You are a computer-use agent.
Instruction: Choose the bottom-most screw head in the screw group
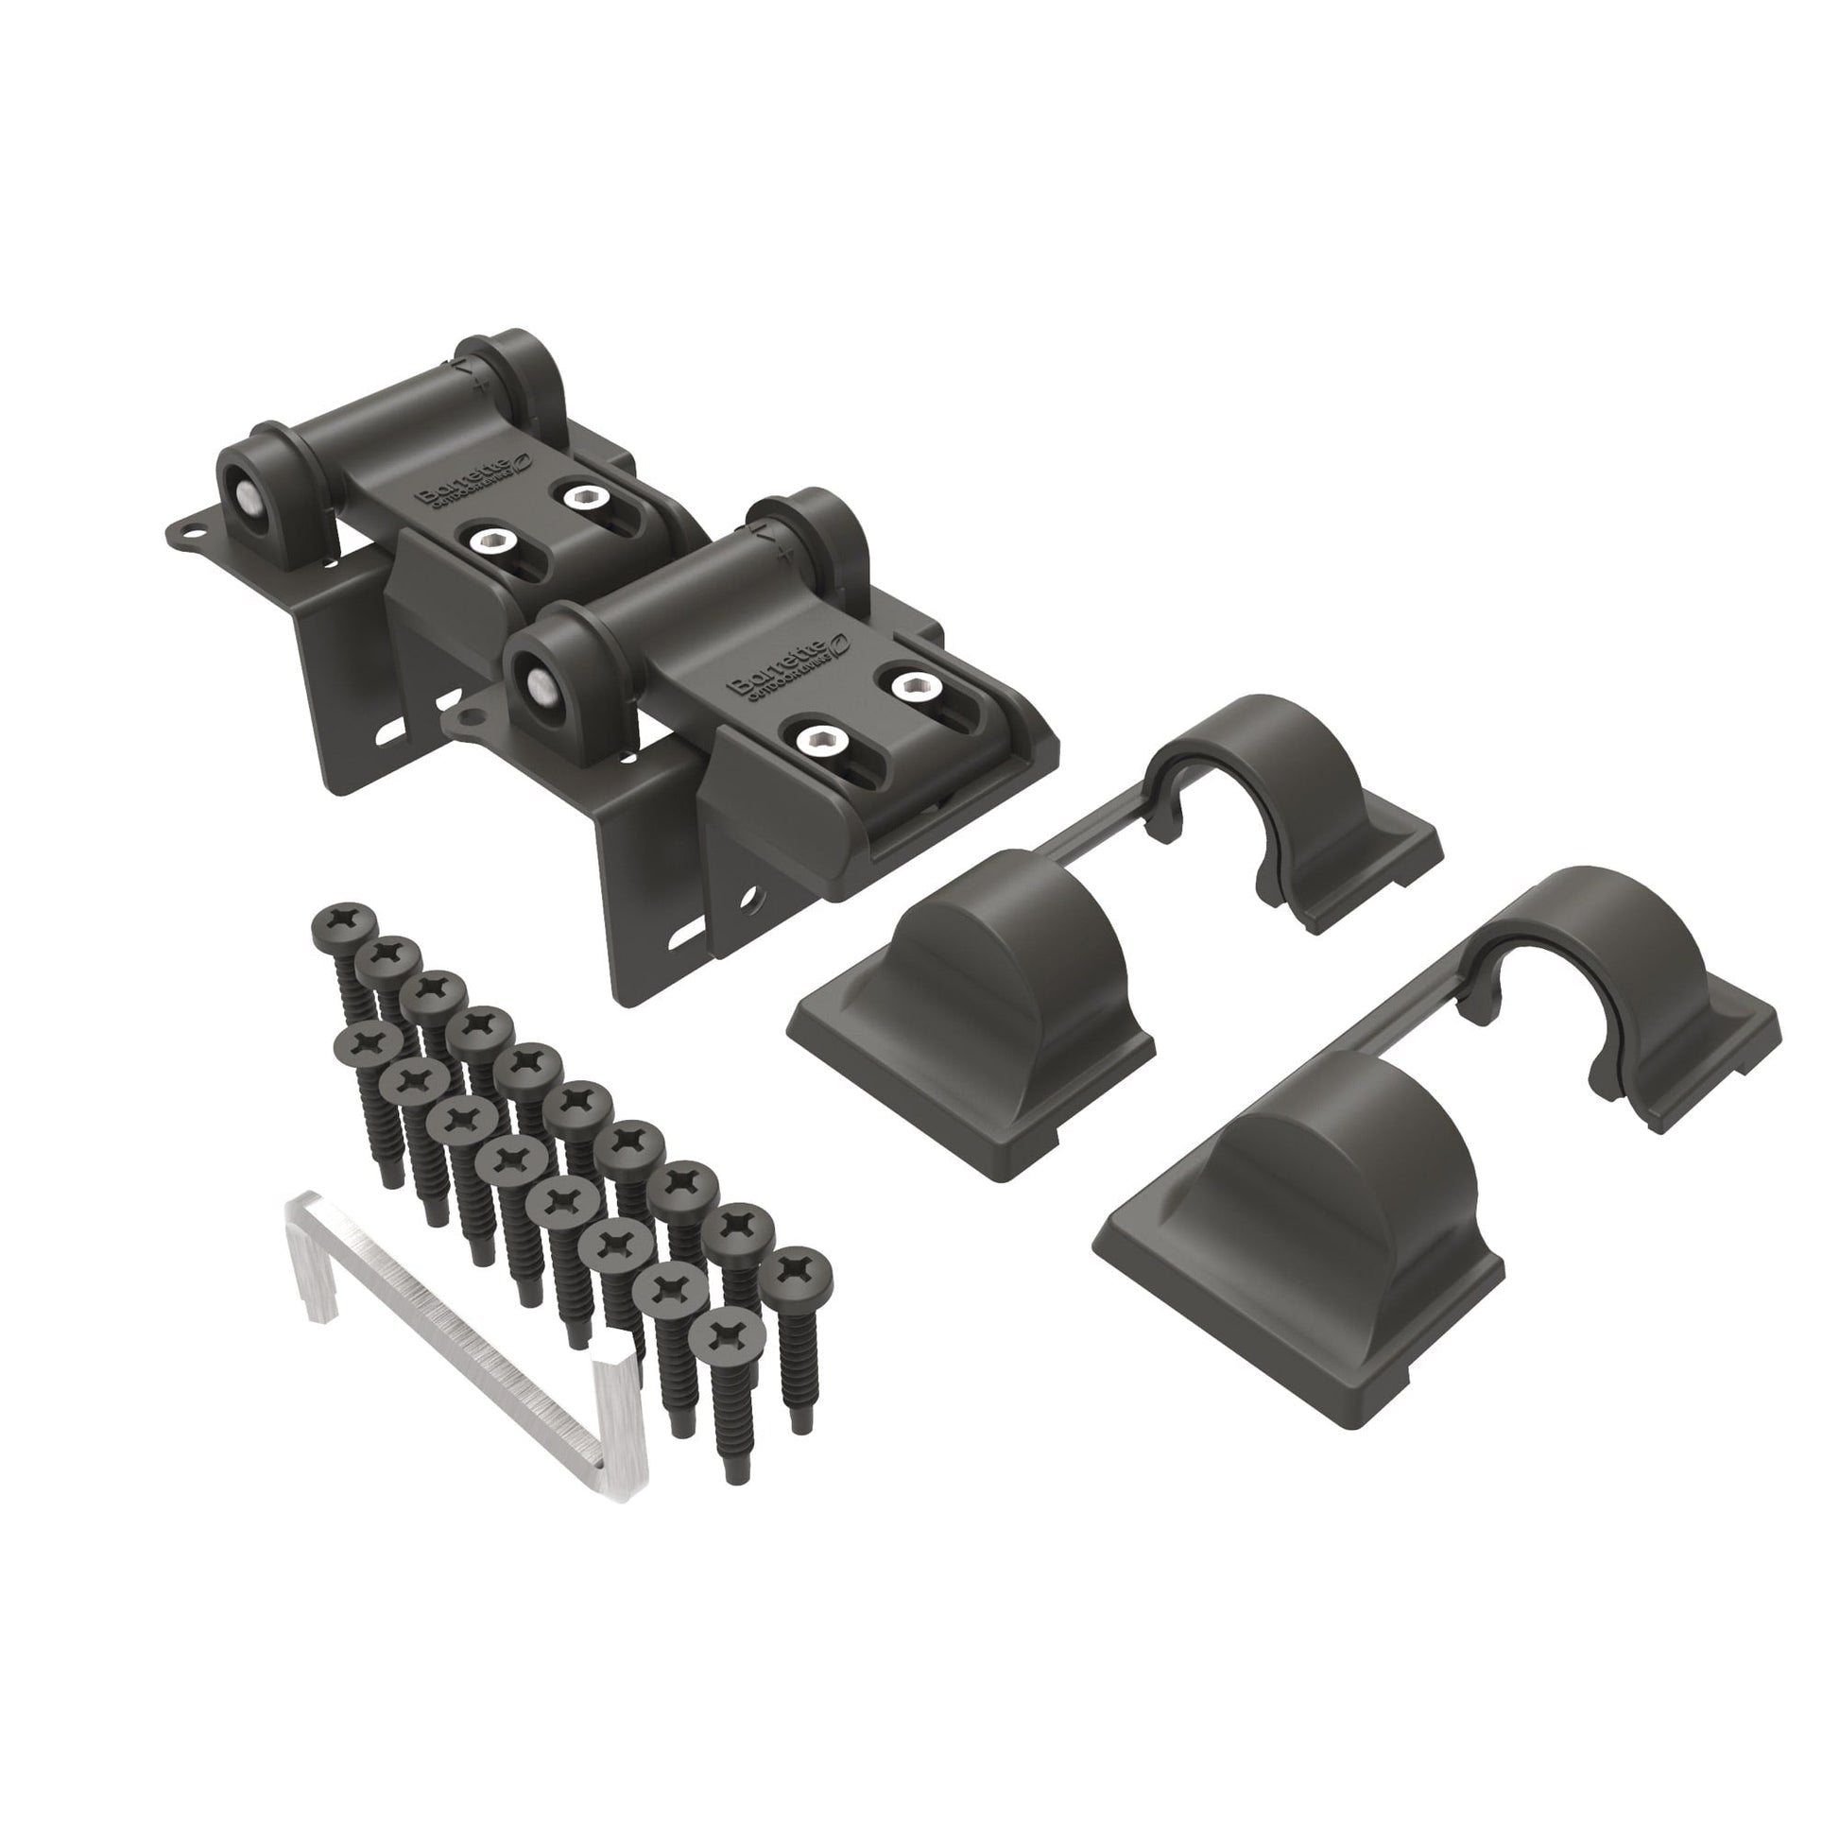734,1335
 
